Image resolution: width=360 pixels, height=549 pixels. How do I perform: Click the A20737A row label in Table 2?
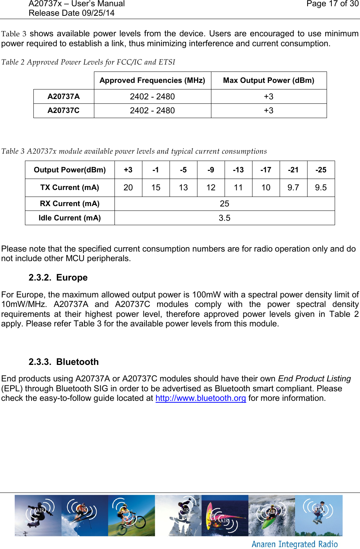[x=63, y=96]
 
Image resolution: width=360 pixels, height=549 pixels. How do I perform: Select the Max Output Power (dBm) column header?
[x=268, y=80]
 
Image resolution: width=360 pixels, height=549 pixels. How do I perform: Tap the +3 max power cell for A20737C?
[x=268, y=111]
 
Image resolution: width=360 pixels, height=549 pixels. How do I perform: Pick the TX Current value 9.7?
[x=293, y=187]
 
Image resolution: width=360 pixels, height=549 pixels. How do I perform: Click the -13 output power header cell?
[x=238, y=170]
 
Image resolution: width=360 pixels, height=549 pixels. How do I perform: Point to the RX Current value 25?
[x=224, y=204]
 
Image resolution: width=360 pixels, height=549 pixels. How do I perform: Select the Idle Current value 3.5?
[x=224, y=218]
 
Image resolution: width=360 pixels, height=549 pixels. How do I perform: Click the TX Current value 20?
[x=128, y=187]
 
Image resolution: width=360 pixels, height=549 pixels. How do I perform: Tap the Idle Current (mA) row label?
[x=70, y=218]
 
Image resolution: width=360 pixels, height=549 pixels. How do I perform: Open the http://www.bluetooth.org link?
[x=200, y=398]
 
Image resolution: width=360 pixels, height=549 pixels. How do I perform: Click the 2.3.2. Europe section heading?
[x=58, y=278]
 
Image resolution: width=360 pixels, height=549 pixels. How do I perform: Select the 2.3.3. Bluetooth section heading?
[x=63, y=362]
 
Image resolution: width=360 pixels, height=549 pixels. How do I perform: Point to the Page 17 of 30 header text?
[x=332, y=4]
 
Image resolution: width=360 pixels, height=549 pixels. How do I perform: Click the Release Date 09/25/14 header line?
[x=72, y=13]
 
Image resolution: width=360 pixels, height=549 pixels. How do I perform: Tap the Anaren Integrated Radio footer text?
[x=294, y=544]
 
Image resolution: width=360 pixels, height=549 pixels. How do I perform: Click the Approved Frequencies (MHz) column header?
[x=152, y=80]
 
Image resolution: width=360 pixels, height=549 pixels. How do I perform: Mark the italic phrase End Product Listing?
[x=314, y=379]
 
